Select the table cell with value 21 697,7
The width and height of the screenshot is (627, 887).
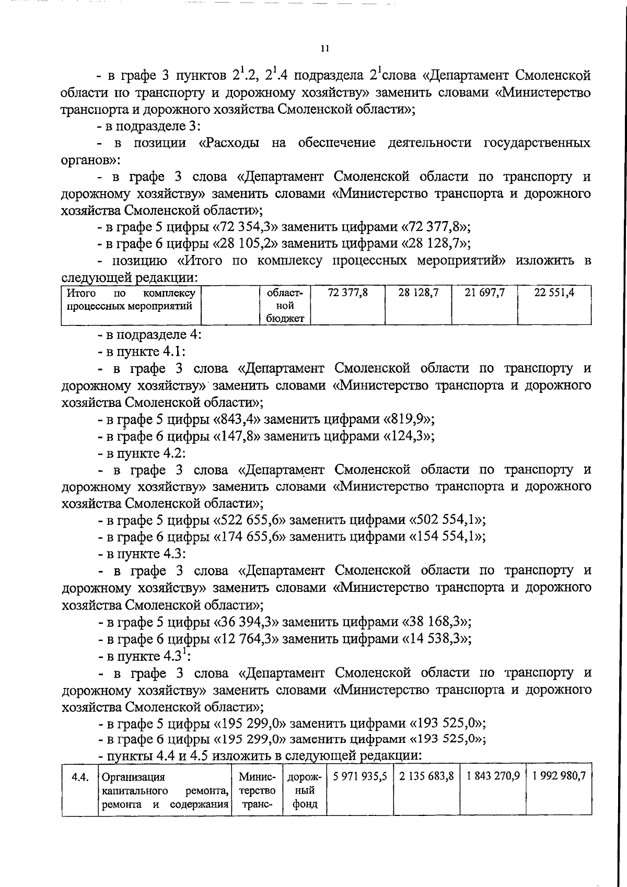point(484,293)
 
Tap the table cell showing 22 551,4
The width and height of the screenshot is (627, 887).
point(554,293)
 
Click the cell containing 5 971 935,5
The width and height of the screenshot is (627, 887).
point(359,776)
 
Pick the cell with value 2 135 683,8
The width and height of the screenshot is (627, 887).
point(426,776)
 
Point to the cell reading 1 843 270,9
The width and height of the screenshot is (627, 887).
point(493,776)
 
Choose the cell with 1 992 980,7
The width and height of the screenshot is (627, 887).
point(559,776)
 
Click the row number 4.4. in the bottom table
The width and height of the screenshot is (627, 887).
point(79,777)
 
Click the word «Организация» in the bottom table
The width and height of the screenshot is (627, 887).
point(134,777)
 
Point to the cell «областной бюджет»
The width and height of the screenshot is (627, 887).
point(285,306)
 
